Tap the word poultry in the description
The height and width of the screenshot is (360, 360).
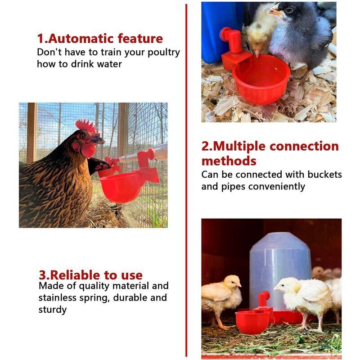point(164,53)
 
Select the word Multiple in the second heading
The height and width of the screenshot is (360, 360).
point(239,147)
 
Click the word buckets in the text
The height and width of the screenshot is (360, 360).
point(324,175)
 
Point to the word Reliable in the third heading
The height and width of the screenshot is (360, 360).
point(75,275)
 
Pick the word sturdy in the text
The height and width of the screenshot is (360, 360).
point(53,310)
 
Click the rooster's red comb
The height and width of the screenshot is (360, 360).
point(86,126)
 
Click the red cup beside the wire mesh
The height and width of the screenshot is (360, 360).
point(121,186)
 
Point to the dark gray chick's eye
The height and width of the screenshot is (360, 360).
point(289,10)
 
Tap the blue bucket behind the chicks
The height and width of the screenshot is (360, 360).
point(220,32)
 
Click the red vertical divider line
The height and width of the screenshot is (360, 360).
point(186,180)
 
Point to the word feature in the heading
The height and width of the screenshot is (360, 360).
point(140,38)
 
